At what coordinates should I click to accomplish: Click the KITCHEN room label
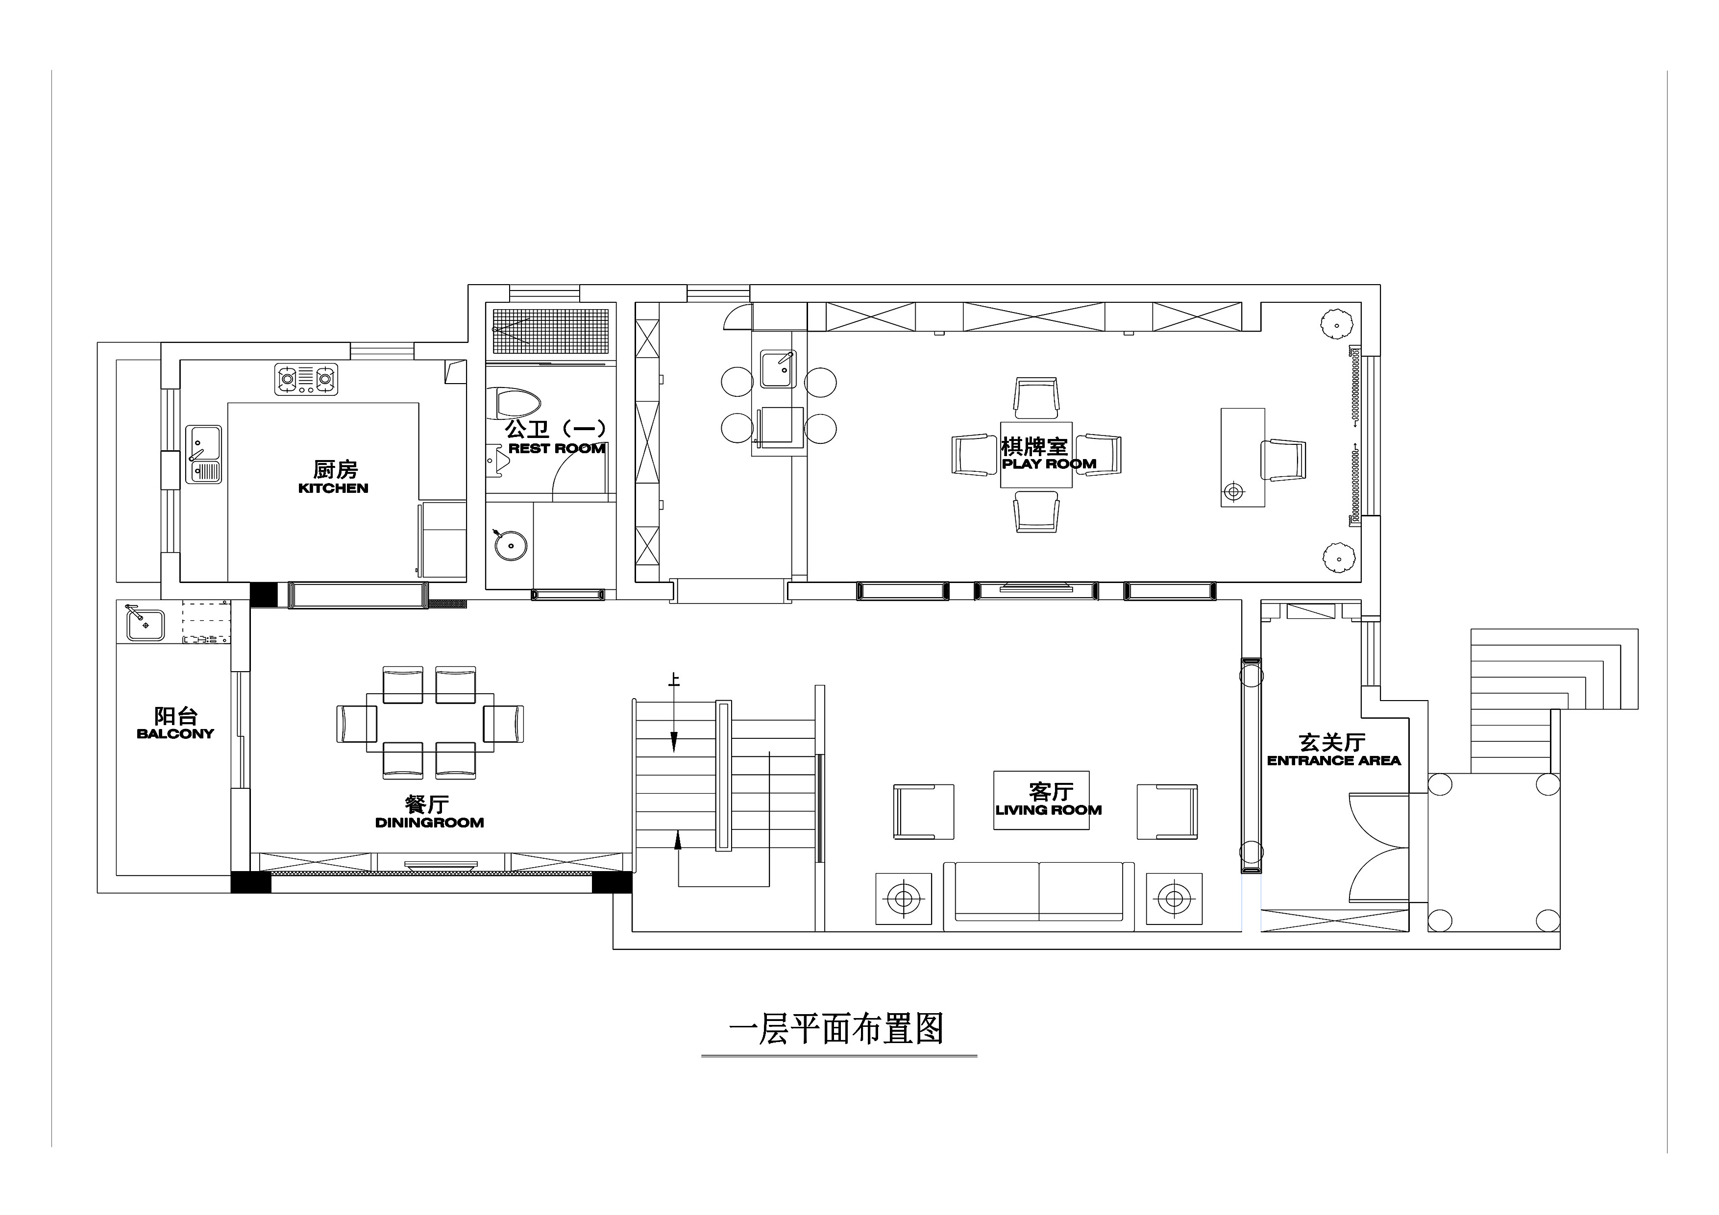click(x=333, y=488)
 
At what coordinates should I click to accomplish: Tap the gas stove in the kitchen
click(x=306, y=380)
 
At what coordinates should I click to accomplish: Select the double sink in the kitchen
click(x=204, y=455)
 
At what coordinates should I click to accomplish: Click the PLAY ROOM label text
click(x=1049, y=464)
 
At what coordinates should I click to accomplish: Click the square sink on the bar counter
click(x=778, y=368)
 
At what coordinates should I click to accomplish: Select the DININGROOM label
click(x=429, y=823)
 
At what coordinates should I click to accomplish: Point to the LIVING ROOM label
click(x=1048, y=810)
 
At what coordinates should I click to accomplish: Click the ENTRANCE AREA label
click(x=1333, y=760)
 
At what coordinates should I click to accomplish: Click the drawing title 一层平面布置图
click(x=836, y=1029)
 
